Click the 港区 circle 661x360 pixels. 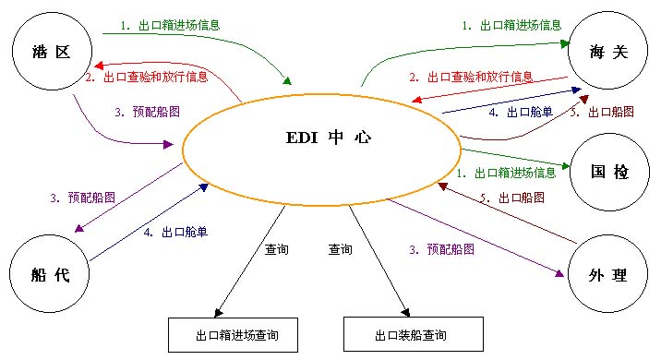[52, 49]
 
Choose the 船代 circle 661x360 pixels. [52, 275]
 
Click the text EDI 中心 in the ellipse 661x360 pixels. [328, 138]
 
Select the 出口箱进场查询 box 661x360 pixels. [236, 335]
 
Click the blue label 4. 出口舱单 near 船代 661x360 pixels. [175, 233]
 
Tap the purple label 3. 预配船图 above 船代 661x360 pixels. [83, 198]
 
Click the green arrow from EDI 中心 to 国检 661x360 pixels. [517, 158]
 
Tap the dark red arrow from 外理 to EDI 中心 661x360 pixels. [508, 213]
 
